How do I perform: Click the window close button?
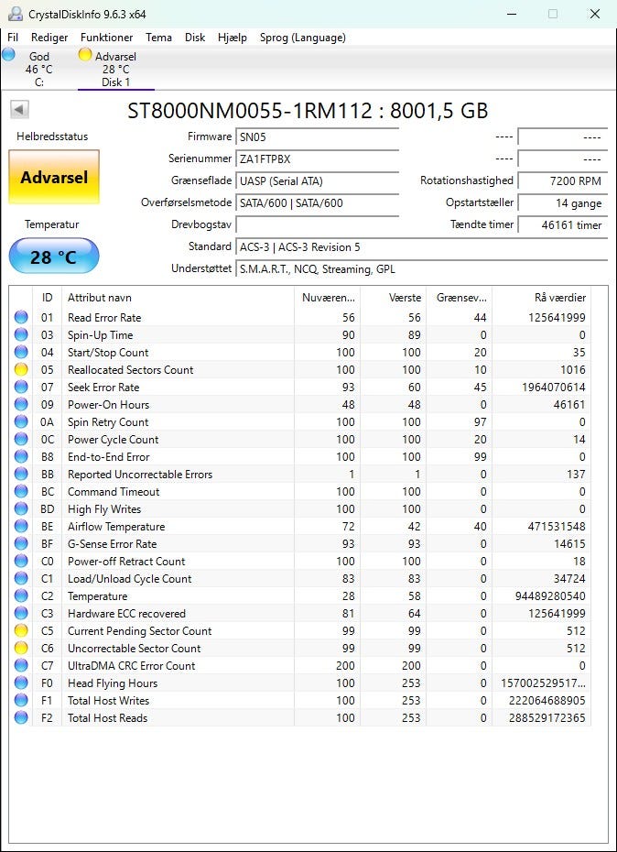pos(595,15)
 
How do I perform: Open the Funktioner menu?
pos(106,38)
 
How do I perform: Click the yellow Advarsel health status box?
pos(54,177)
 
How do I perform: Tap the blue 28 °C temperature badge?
pos(54,257)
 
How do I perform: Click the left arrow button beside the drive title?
pos(19,110)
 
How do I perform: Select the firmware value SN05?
pos(317,137)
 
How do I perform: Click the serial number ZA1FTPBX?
pos(317,159)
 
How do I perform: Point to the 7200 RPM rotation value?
pos(562,181)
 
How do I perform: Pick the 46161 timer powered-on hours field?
pos(562,225)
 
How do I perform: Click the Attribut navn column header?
pos(100,298)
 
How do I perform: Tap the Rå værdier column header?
pos(559,298)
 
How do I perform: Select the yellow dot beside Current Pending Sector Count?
pos(21,631)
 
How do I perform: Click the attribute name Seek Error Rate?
pos(103,388)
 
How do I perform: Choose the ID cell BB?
pos(48,475)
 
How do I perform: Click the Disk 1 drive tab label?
pos(115,82)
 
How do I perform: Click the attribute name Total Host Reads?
pos(108,718)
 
